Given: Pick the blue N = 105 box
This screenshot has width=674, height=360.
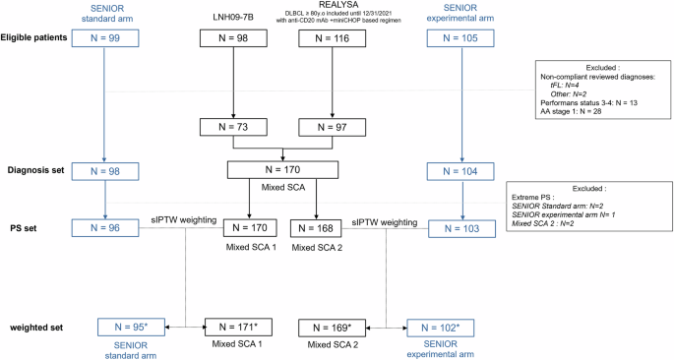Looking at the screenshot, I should [x=461, y=37].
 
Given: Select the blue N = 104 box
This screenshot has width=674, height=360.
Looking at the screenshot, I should [x=461, y=171].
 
